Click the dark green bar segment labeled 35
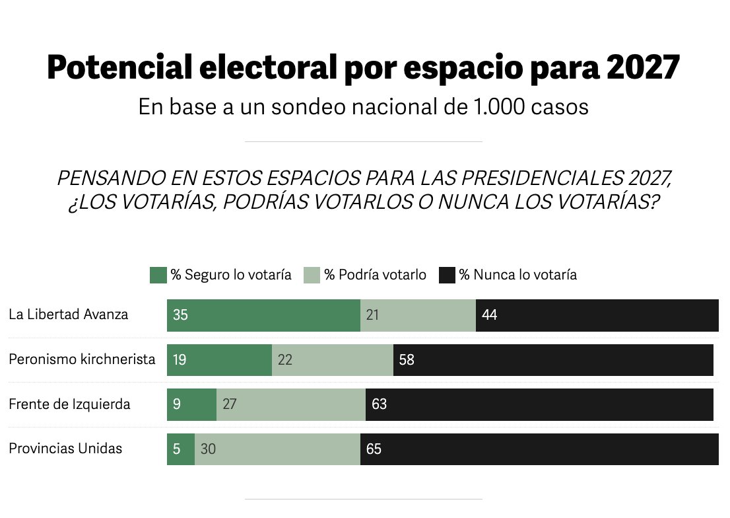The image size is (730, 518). (x=263, y=315)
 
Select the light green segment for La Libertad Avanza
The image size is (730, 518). (x=418, y=315)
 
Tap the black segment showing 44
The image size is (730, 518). (x=597, y=315)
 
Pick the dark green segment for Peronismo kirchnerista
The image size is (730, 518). (x=219, y=360)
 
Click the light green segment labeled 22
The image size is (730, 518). (x=333, y=360)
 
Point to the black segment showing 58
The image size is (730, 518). (x=553, y=360)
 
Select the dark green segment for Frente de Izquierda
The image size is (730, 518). (x=191, y=404)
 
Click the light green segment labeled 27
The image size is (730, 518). (x=291, y=404)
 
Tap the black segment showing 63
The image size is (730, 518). (x=539, y=404)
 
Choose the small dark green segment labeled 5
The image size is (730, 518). (x=181, y=449)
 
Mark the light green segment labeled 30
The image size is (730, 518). (x=277, y=449)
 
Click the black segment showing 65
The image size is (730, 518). (x=539, y=449)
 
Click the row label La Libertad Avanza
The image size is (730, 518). (x=68, y=314)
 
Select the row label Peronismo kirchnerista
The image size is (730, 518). (x=82, y=359)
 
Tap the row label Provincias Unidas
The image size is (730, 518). (x=65, y=449)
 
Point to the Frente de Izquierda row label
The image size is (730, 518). (x=69, y=404)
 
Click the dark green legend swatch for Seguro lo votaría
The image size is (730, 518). (x=158, y=275)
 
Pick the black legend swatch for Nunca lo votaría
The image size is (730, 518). (x=447, y=275)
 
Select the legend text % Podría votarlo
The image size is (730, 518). (x=375, y=275)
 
